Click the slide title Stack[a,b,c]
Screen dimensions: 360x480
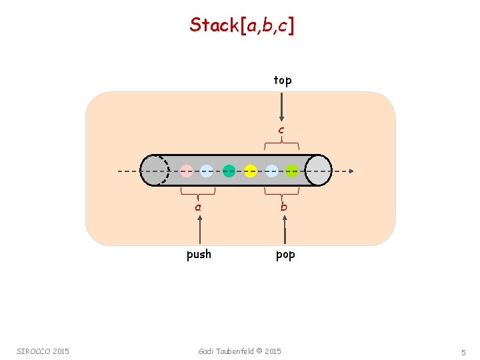point(242,25)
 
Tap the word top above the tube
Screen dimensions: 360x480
point(283,81)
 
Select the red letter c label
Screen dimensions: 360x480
point(281,129)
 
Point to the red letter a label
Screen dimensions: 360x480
point(198,207)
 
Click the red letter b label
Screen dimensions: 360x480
point(284,207)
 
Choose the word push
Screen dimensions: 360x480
point(199,254)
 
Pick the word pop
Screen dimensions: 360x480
point(285,254)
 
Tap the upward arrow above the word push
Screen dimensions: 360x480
point(199,231)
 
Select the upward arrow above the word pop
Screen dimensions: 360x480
point(285,231)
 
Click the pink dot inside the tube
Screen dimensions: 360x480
point(187,171)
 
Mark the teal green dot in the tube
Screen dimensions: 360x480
point(229,171)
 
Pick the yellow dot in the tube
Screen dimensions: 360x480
point(250,171)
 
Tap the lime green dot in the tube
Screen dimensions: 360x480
point(291,171)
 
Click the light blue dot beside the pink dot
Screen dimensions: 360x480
point(207,171)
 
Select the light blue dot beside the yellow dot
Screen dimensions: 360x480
point(271,171)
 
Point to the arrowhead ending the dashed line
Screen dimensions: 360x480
point(350,171)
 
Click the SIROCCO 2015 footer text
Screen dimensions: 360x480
point(43,351)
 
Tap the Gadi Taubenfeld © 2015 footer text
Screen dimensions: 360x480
point(240,351)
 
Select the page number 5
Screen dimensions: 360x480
point(463,352)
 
